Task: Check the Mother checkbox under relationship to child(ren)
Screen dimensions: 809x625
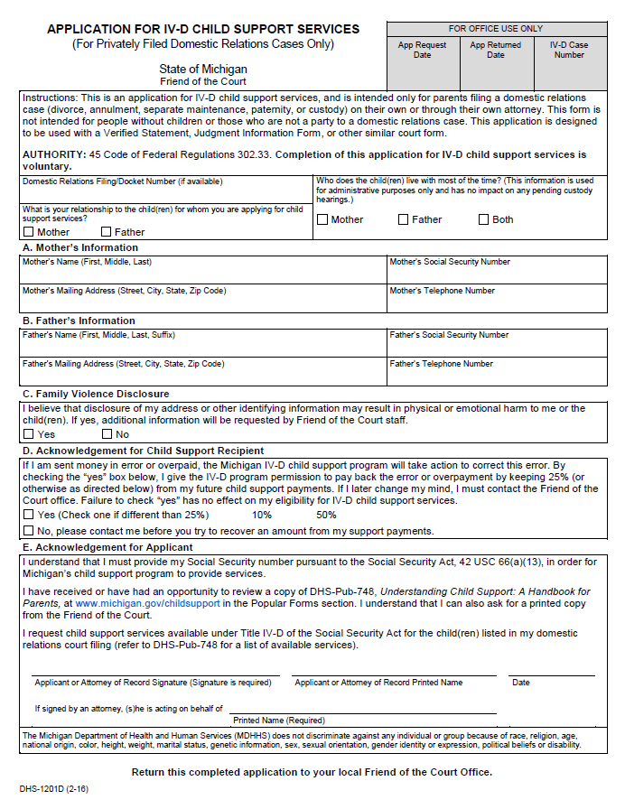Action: click(x=28, y=232)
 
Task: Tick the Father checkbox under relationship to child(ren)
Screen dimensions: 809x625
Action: click(x=106, y=232)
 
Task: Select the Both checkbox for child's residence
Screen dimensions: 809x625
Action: click(x=484, y=219)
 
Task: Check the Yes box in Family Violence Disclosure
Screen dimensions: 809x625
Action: click(x=28, y=434)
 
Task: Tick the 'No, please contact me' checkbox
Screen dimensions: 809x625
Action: click(x=28, y=531)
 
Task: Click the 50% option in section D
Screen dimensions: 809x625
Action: click(x=326, y=515)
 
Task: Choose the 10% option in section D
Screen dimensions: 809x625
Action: click(x=262, y=515)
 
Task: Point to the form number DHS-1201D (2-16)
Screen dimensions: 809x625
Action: click(x=53, y=788)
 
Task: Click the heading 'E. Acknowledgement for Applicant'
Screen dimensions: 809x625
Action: click(x=107, y=547)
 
